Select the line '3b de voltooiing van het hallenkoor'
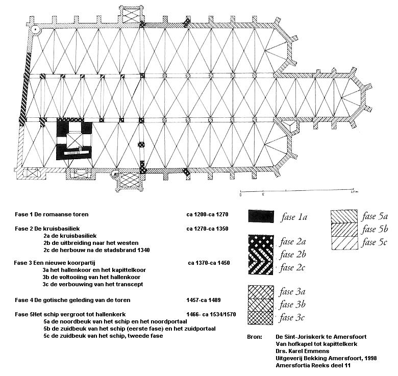[x=91, y=277]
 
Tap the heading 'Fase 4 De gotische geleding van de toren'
[x=72, y=300]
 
